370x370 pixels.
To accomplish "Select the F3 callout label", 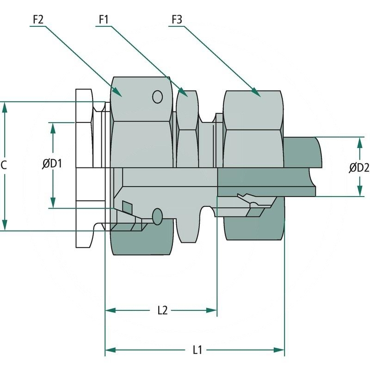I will point(177,20).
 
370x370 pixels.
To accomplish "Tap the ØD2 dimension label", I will point(359,167).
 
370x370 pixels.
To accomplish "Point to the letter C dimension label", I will point(4,165).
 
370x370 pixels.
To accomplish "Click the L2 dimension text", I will point(162,310).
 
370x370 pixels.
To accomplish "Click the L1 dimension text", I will point(197,350).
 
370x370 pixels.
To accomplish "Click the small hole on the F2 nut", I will point(158,97).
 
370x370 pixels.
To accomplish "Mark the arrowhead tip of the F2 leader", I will point(121,96).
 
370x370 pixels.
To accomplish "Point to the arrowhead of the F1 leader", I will point(188,96).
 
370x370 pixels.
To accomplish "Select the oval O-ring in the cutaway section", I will point(158,216).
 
